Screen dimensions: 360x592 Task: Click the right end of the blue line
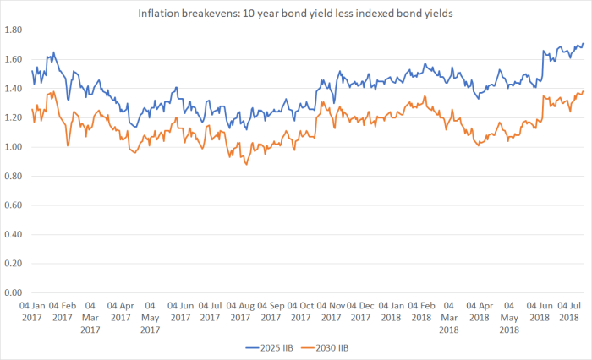(x=584, y=44)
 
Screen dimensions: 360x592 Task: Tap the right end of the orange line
(x=584, y=91)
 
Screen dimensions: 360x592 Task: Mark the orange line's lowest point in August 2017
(x=246, y=164)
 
